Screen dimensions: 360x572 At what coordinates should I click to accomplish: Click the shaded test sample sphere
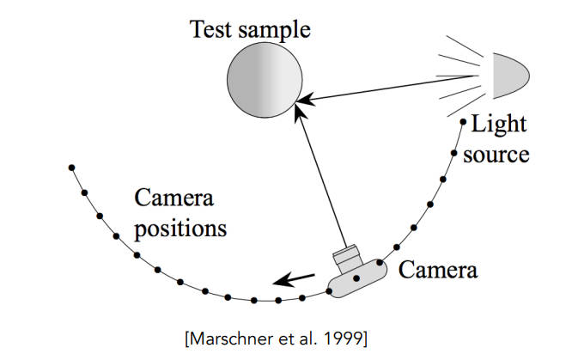coord(265,82)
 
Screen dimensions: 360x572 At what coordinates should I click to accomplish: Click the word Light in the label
coord(498,124)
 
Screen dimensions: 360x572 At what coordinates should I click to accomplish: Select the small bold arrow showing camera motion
coord(293,279)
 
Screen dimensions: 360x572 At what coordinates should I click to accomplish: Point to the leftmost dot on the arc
coord(71,168)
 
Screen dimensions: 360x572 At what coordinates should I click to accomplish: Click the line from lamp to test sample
coord(395,89)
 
